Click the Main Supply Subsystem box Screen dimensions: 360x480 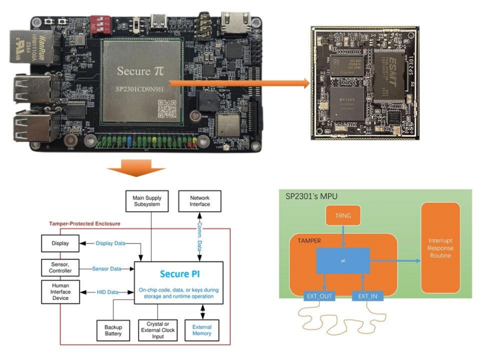pos(144,202)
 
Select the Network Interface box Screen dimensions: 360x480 pos(200,202)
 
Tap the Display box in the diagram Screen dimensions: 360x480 pos(59,243)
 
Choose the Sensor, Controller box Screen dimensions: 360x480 pos(59,269)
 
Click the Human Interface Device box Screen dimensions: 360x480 pos(59,292)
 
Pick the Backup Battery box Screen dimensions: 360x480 pos(113,330)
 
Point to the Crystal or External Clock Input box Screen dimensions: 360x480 pos(159,330)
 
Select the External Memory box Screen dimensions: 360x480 pos(202,330)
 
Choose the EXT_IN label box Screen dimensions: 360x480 pos(369,295)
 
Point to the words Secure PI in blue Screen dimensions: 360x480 pos(180,274)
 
